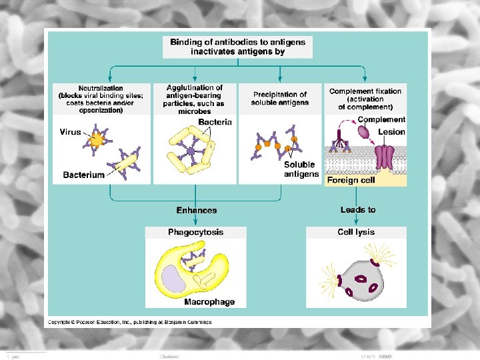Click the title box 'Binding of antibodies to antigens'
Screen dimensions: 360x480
[x=237, y=46]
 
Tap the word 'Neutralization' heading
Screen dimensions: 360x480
[x=101, y=88]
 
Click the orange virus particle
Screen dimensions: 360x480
[x=97, y=139]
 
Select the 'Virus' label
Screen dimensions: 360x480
[x=70, y=132]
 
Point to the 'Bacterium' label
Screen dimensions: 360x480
[x=83, y=175]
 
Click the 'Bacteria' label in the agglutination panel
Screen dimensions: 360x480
[x=215, y=122]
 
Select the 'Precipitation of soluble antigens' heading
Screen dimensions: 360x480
[x=279, y=99]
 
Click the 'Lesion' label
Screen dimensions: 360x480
[x=391, y=132]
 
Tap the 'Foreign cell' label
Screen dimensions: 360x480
[x=351, y=180]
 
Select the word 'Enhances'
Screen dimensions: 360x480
[x=197, y=211]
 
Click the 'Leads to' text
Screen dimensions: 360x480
[x=358, y=210]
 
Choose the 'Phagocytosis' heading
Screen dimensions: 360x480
[x=195, y=233]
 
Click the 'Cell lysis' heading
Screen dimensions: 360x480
[x=356, y=233]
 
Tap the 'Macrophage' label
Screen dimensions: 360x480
[x=209, y=302]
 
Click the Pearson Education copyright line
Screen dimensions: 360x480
[x=129, y=322]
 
